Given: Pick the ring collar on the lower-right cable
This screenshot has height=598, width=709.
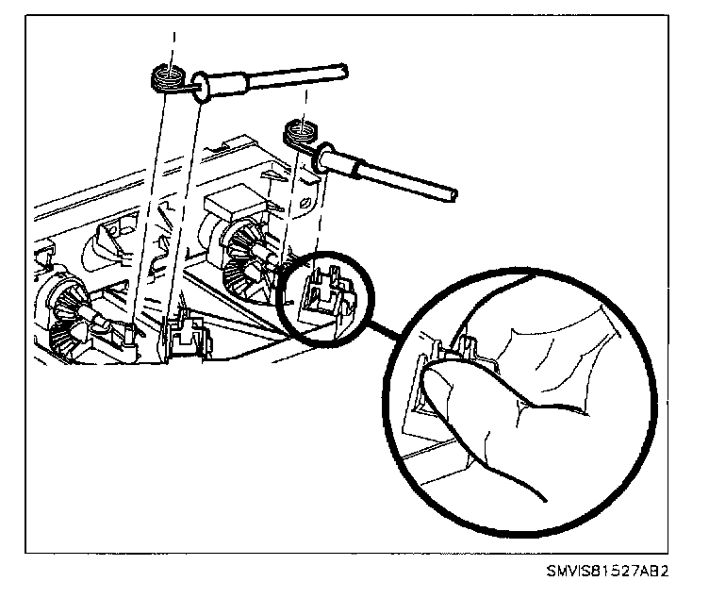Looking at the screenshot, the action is click(x=328, y=158).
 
